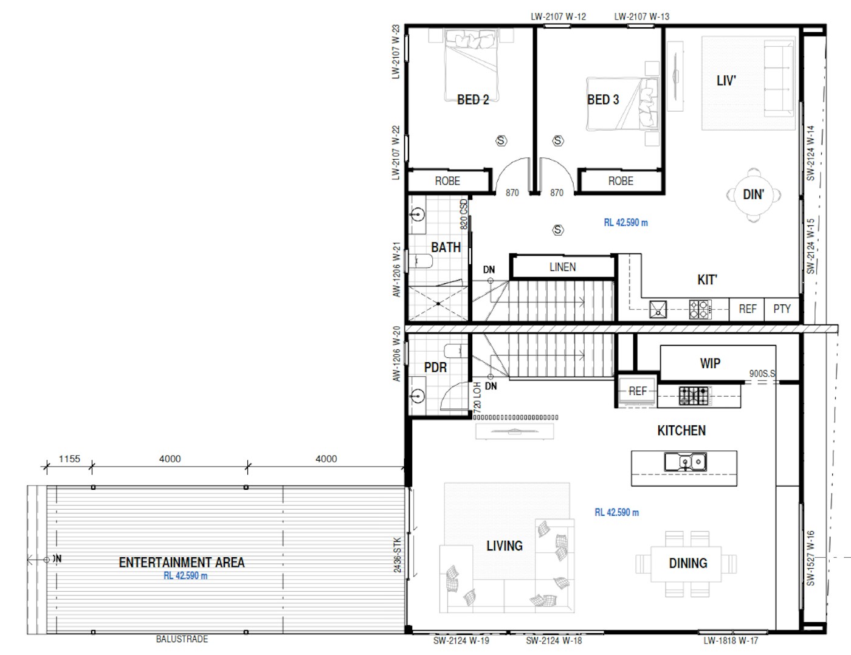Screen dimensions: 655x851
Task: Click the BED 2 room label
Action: tap(473, 100)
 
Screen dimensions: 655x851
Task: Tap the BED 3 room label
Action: tap(603, 100)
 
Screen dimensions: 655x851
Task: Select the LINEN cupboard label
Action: tap(562, 267)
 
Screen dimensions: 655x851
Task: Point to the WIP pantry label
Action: tap(710, 363)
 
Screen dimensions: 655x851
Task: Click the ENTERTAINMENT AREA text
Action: tap(182, 563)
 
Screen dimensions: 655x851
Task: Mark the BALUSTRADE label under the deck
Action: tap(182, 639)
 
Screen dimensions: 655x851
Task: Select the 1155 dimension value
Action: tap(69, 459)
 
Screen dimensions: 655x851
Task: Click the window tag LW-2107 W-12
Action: tap(558, 16)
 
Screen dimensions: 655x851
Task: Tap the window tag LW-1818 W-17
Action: tap(731, 640)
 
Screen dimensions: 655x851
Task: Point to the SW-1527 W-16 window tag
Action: tap(810, 558)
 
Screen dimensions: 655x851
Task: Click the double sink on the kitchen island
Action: tap(684, 462)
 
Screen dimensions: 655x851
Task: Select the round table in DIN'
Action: tap(754, 195)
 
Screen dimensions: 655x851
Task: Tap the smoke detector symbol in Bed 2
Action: tap(501, 141)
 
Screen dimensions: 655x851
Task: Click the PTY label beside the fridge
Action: tap(782, 309)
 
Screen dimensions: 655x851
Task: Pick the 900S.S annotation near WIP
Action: tap(762, 374)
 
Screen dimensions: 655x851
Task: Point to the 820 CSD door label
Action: tap(464, 214)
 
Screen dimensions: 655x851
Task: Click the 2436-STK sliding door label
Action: tap(398, 555)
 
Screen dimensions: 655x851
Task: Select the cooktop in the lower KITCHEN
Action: tap(694, 396)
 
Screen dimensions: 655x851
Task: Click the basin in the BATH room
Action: tap(417, 215)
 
